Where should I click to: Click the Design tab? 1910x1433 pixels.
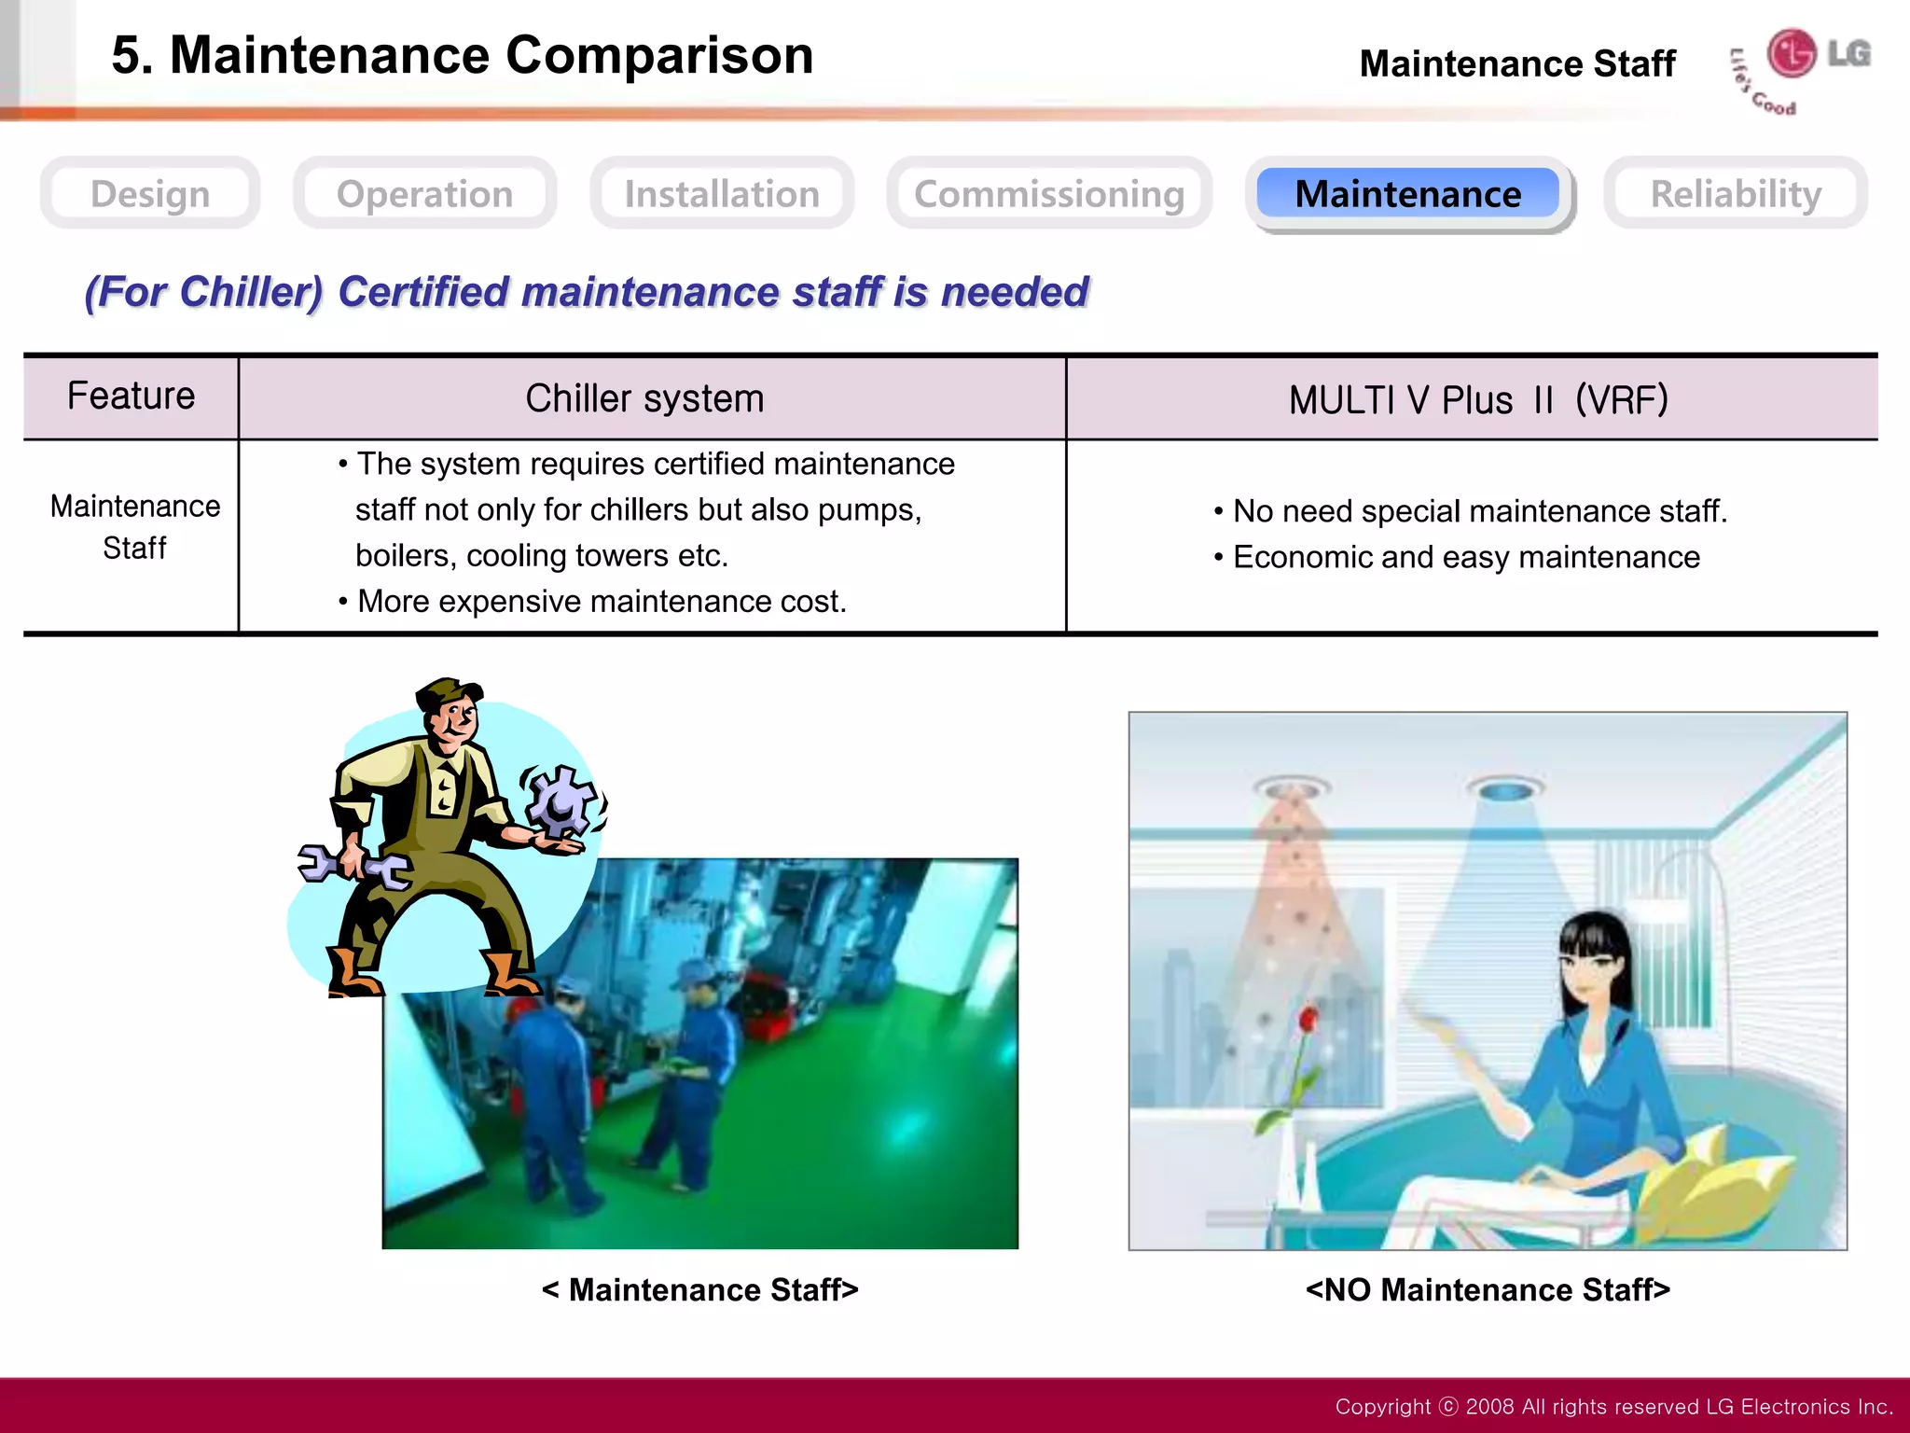tap(150, 194)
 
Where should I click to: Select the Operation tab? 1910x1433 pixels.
tap(424, 194)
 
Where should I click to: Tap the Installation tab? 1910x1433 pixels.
tap(722, 194)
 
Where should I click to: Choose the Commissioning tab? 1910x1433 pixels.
tap(1049, 194)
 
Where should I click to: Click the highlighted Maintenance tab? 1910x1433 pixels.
tap(1408, 194)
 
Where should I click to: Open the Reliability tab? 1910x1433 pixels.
tap(1736, 194)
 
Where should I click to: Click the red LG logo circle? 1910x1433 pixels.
tap(1792, 52)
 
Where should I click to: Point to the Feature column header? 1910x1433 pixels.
tap(131, 397)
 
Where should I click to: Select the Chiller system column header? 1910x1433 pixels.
tap(644, 399)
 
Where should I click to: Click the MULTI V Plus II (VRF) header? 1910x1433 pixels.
tap(1478, 400)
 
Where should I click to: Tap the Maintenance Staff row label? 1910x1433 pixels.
tap(135, 527)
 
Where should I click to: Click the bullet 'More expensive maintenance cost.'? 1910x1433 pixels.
tap(602, 602)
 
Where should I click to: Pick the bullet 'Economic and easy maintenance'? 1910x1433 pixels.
tap(1466, 557)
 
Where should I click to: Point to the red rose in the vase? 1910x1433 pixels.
tap(1308, 1019)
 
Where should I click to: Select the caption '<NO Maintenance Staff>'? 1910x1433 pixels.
tap(1488, 1289)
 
